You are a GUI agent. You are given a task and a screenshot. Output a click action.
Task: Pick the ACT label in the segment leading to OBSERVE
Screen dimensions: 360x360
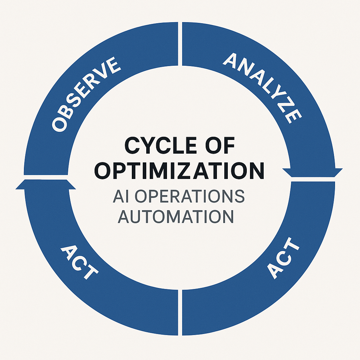[79, 262]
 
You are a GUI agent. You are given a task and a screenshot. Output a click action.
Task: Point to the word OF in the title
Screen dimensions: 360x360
[220, 145]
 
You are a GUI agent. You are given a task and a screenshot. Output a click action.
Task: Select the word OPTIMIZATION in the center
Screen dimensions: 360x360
[179, 171]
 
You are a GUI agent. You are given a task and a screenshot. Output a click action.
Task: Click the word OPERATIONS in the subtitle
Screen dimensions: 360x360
[189, 196]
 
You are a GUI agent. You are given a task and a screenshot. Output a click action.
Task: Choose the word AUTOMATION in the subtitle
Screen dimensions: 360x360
[176, 216]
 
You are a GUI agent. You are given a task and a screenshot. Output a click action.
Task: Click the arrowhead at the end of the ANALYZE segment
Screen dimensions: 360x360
[313, 173]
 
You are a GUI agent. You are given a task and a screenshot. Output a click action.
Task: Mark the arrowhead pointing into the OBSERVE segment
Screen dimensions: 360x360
[46, 185]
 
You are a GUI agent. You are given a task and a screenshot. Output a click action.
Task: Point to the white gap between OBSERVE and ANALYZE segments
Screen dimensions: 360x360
[180, 44]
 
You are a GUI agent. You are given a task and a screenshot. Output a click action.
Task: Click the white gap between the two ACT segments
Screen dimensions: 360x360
[180, 313]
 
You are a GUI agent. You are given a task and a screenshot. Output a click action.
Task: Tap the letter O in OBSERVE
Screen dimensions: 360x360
[59, 125]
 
